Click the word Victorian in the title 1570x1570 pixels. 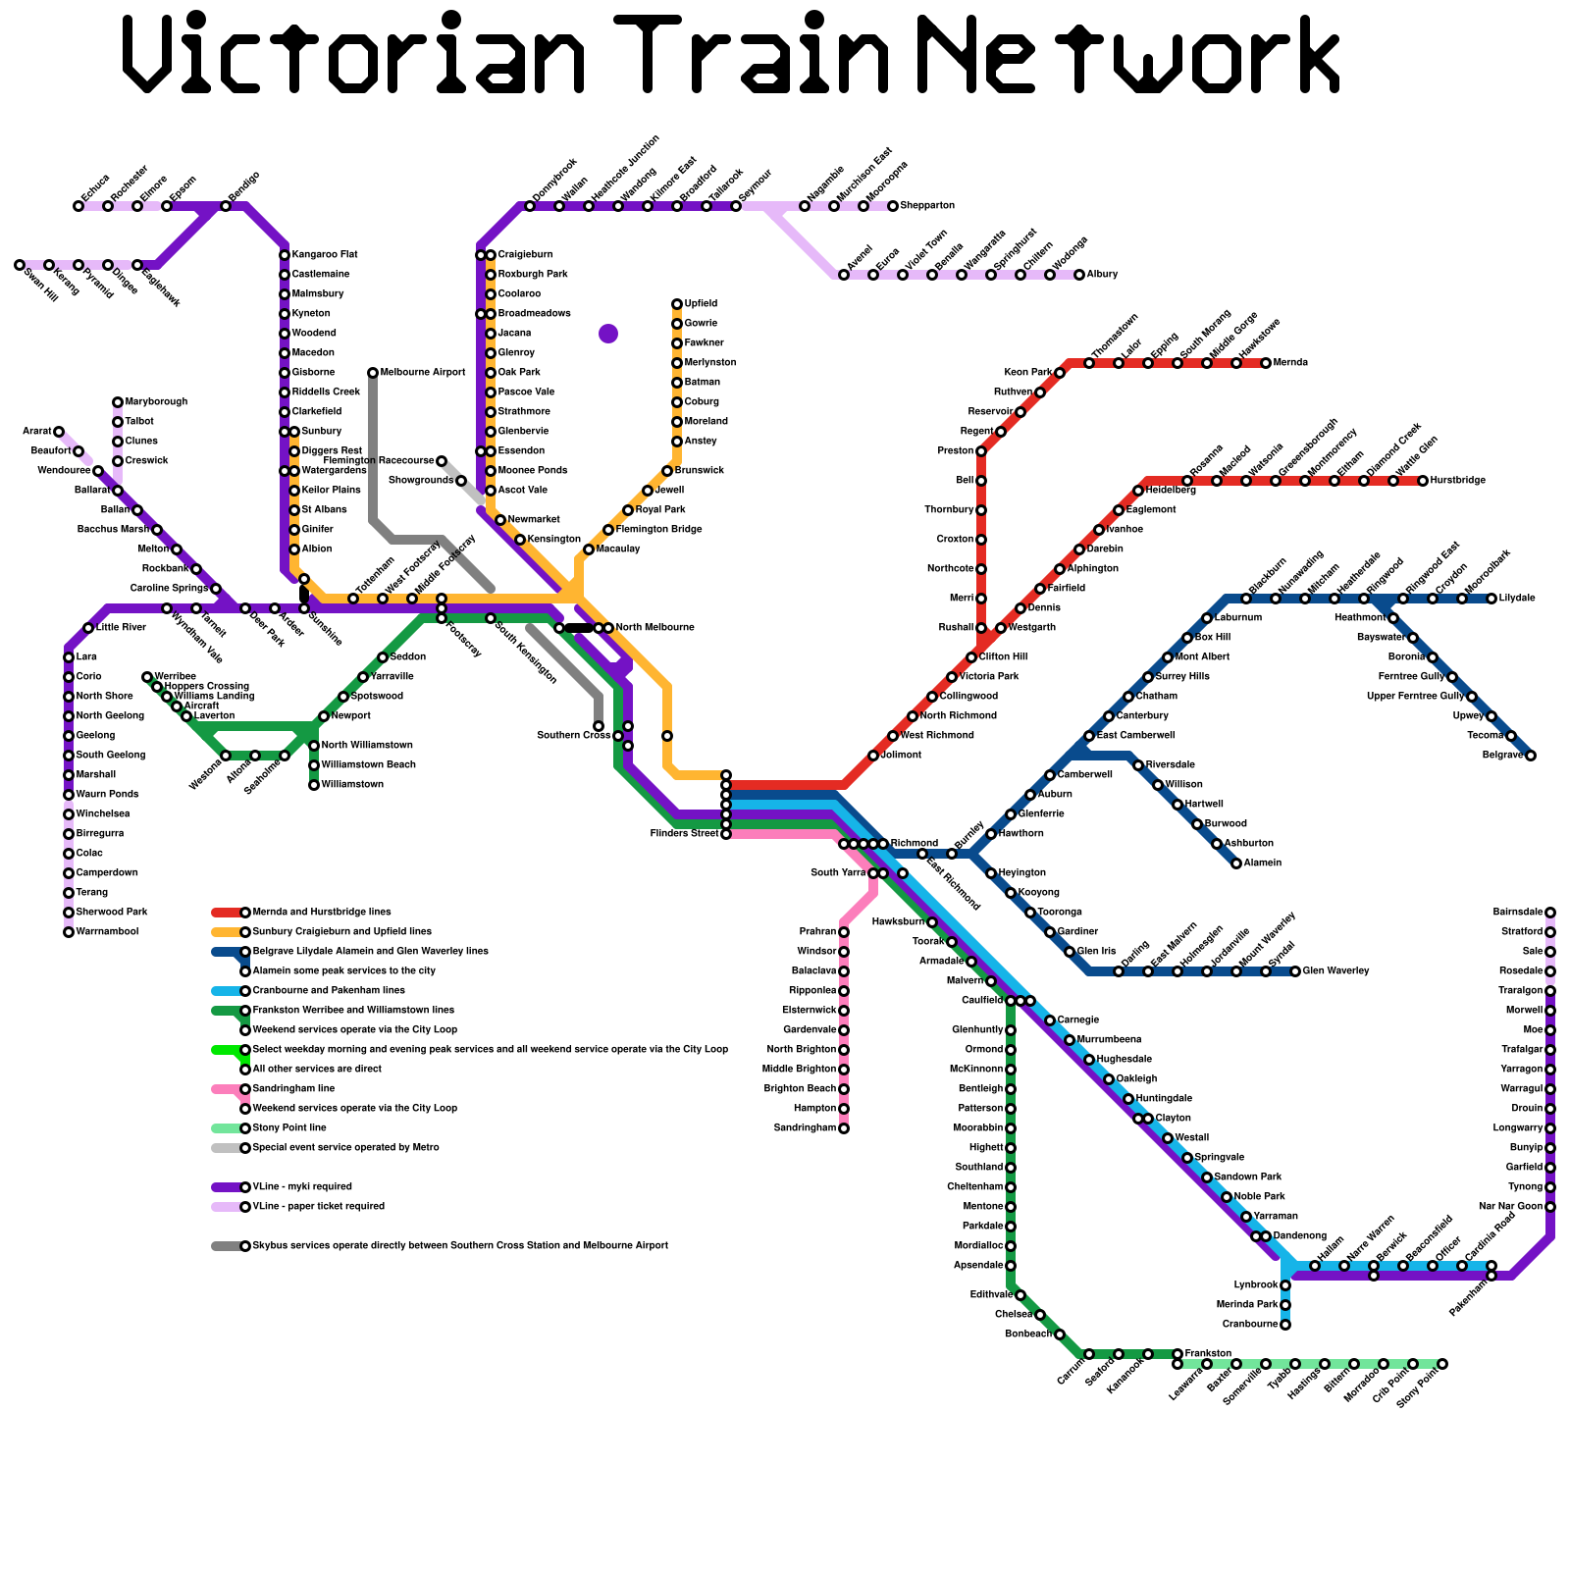(x=353, y=54)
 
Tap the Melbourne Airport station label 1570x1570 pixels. (x=423, y=373)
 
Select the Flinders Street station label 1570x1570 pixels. (x=684, y=834)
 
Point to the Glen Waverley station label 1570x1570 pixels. (x=1335, y=971)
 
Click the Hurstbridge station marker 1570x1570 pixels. (x=1423, y=481)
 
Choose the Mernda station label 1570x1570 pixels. (x=1290, y=363)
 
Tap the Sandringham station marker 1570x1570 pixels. (x=844, y=1128)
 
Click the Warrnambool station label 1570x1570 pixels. (x=107, y=932)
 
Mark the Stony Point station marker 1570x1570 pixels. (x=1442, y=1364)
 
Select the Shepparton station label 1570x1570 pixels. (x=927, y=206)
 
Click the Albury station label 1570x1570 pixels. (x=1102, y=275)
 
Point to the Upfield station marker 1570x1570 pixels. (x=677, y=304)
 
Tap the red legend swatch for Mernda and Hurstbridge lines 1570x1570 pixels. (x=227, y=913)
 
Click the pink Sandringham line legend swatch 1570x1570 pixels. (x=227, y=1089)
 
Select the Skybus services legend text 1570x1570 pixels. (x=460, y=1246)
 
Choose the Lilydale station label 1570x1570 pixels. (x=1517, y=599)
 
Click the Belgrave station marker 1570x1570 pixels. (x=1531, y=756)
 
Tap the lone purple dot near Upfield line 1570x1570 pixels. (x=608, y=334)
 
